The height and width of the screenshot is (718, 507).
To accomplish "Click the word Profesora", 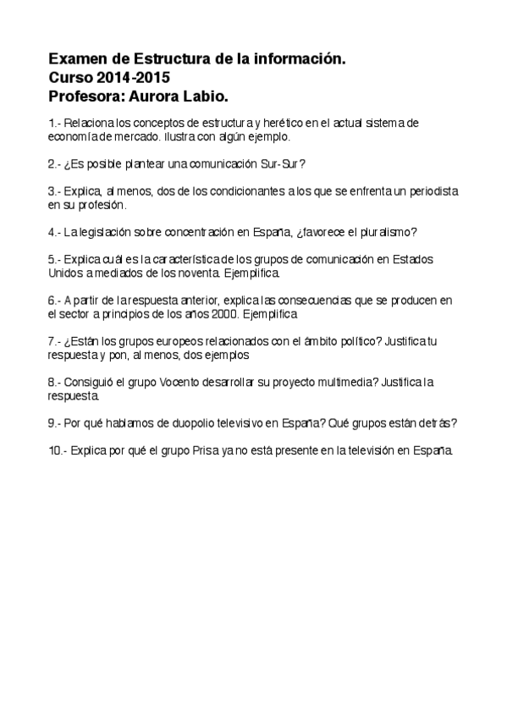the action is (x=87, y=95).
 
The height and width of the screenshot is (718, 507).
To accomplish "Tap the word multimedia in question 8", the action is (x=347, y=381).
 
